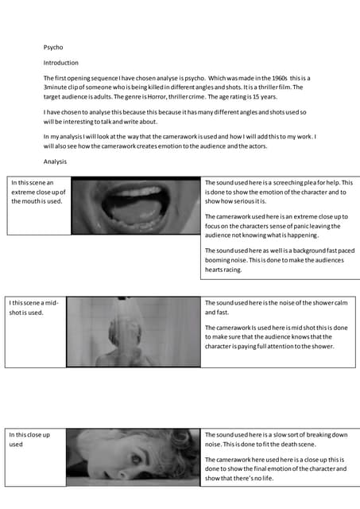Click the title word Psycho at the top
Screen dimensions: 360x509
click(x=52, y=47)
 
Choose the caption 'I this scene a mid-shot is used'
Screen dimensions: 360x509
click(x=36, y=307)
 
